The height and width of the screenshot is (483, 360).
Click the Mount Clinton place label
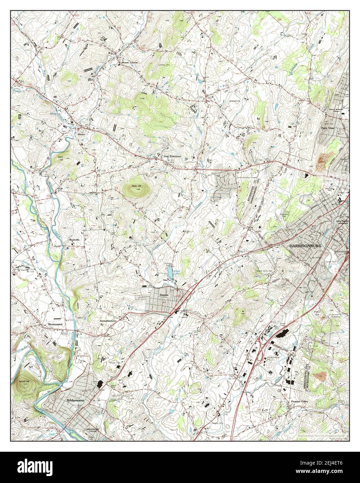[129, 63]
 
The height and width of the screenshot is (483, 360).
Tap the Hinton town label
[81, 134]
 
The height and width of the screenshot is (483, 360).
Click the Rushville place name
[75, 240]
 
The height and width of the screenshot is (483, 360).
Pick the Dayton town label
[164, 295]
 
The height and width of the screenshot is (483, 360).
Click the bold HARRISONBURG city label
[305, 246]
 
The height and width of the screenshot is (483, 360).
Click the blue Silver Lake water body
[171, 275]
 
